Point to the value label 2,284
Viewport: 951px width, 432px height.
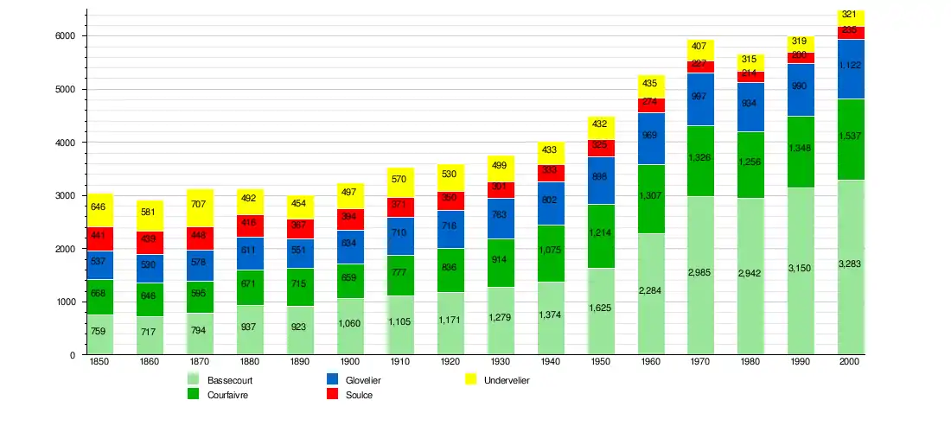coord(651,290)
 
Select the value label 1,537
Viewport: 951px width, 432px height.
coord(852,137)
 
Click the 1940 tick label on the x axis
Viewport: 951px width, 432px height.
coord(551,362)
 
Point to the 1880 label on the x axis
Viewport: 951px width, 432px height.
coord(250,362)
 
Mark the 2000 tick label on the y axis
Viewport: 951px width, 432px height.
coord(66,249)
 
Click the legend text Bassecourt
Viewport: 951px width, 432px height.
coord(230,380)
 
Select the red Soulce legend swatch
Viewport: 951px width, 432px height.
coord(332,395)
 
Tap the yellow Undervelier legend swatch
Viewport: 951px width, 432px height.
coord(471,380)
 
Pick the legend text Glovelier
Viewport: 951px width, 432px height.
coord(363,380)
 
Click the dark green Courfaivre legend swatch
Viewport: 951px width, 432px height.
coord(194,395)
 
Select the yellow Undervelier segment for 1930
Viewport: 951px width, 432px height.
coord(501,168)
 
